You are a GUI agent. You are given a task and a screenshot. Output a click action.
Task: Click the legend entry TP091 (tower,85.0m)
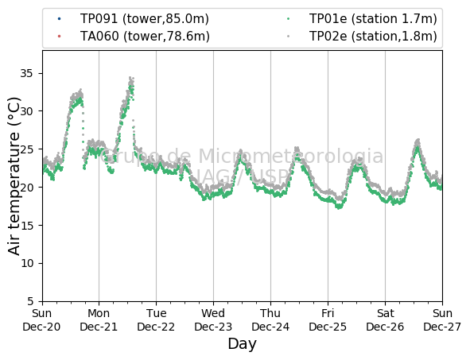(x=144, y=19)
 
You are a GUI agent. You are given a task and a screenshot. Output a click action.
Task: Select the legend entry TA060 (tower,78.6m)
(x=145, y=37)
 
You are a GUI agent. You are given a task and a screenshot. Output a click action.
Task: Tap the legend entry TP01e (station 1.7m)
(x=373, y=19)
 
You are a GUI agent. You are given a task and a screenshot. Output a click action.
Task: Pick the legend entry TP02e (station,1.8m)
(x=373, y=37)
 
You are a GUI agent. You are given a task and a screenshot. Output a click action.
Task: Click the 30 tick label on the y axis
(x=27, y=111)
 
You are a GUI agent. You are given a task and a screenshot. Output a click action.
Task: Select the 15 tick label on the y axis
(x=27, y=225)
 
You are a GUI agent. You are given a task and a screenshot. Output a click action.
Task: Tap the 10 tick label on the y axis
(x=27, y=263)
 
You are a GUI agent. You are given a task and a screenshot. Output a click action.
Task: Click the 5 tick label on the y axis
(x=30, y=301)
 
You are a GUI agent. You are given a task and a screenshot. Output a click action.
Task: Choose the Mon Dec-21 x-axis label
(x=99, y=319)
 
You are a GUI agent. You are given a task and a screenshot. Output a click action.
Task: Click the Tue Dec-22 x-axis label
(x=156, y=319)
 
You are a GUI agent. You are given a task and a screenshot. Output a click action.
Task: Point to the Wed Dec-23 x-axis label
(x=213, y=319)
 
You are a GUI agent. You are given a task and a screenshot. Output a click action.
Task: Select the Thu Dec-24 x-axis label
(x=270, y=319)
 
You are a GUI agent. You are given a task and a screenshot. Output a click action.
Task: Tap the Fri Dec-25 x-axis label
(x=328, y=319)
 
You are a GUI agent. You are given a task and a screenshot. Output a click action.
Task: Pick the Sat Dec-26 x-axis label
(x=385, y=319)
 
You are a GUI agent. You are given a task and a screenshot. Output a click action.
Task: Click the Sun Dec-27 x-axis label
(x=442, y=319)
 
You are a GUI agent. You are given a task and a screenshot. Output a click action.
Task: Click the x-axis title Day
(x=243, y=344)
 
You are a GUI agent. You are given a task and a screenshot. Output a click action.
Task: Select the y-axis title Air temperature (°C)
(x=14, y=176)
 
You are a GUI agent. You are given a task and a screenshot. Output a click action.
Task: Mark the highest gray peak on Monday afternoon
(x=130, y=78)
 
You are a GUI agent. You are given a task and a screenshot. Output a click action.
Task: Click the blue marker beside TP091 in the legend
(x=59, y=19)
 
